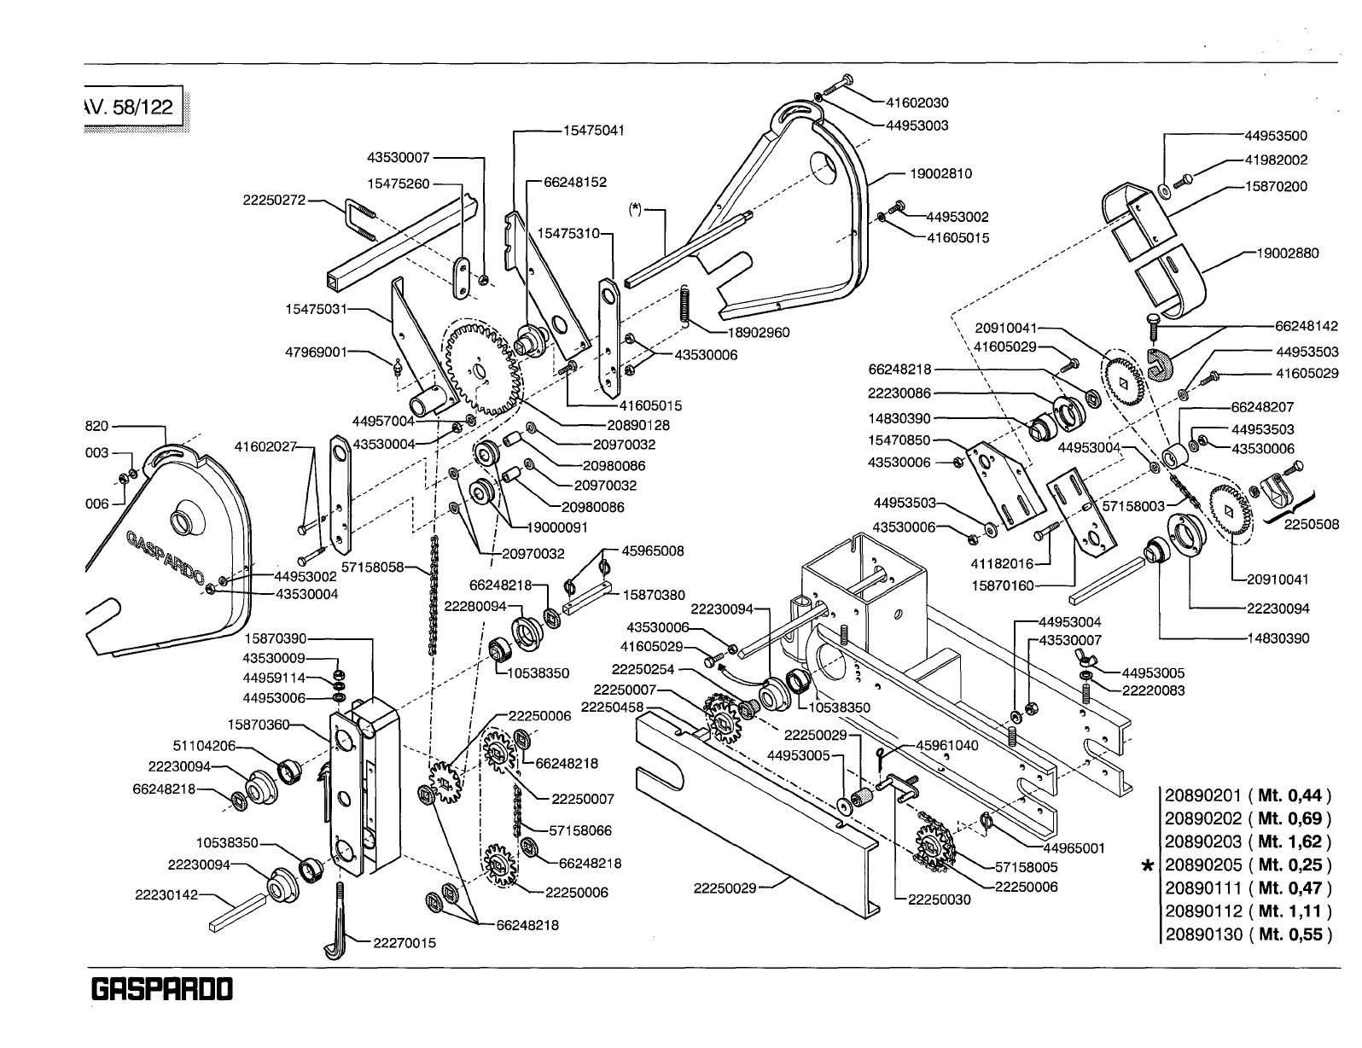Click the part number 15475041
click(594, 131)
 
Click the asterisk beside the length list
click(1149, 867)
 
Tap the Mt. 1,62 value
click(1289, 841)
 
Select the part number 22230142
click(166, 895)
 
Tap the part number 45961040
click(947, 745)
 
